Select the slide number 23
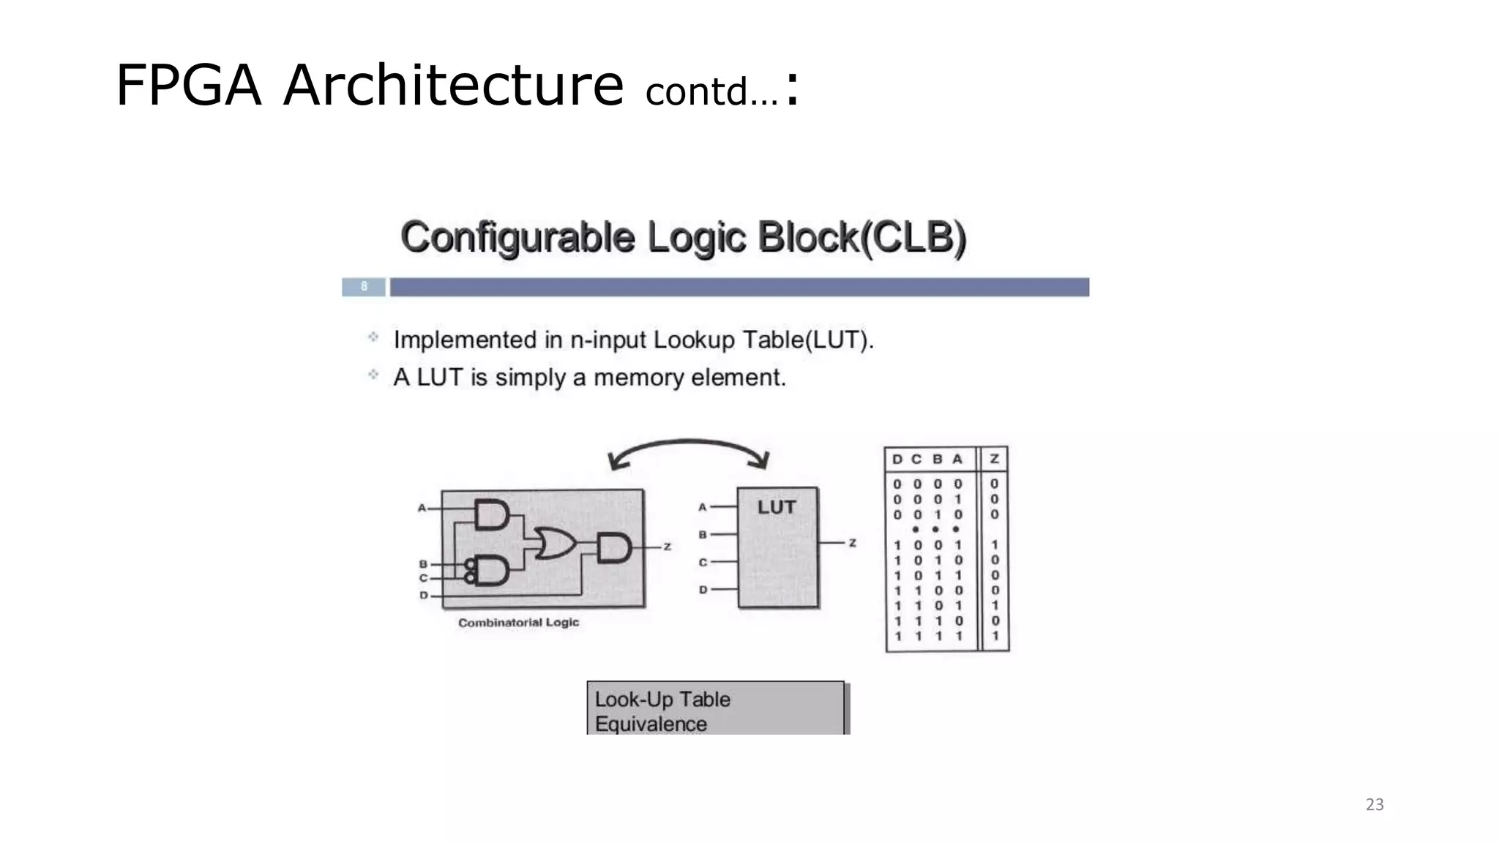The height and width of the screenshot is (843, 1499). (x=1375, y=804)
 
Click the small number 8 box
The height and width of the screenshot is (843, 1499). (x=364, y=287)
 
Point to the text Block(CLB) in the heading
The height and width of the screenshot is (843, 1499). (x=861, y=238)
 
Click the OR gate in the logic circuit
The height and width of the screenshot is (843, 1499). (x=555, y=543)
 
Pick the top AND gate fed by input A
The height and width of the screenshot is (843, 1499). (x=491, y=514)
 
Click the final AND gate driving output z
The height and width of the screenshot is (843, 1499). (x=613, y=547)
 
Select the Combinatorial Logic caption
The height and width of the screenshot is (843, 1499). (x=518, y=623)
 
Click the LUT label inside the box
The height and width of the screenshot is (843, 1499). (x=776, y=507)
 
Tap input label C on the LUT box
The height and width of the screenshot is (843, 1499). (x=703, y=562)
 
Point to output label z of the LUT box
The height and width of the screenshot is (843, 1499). (x=852, y=543)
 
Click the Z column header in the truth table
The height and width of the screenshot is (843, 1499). (x=994, y=459)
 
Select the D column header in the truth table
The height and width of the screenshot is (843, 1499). (x=897, y=459)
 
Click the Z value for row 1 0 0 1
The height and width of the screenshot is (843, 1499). (x=994, y=545)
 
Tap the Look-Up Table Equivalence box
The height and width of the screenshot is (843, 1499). (x=715, y=708)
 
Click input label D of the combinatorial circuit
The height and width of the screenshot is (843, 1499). (x=424, y=595)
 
